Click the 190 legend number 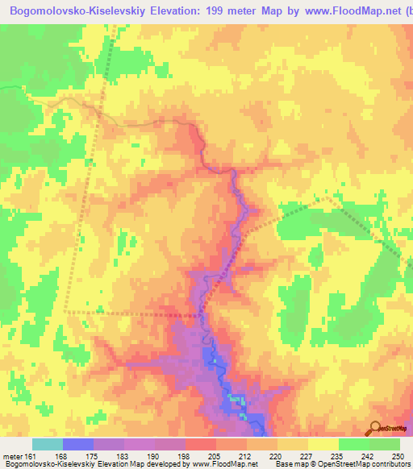[x=154, y=455]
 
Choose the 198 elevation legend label [x=185, y=455]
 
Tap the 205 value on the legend [x=215, y=455]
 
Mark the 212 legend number [x=246, y=455]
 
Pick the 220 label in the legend [x=277, y=455]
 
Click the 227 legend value [x=307, y=455]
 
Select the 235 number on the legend [x=338, y=455]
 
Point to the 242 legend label [x=369, y=455]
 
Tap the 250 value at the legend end [x=398, y=455]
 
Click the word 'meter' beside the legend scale [x=12, y=455]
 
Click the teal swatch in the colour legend [x=48, y=444]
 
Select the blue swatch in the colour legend [x=78, y=444]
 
